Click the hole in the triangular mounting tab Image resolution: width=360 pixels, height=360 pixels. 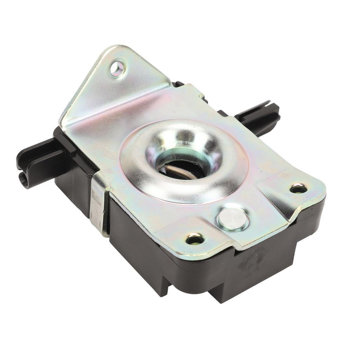coord(117,69)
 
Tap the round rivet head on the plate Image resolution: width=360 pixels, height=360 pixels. coord(232,219)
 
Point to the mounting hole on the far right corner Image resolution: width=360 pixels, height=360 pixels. coord(298,189)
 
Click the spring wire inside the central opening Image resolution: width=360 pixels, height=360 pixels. coord(179,172)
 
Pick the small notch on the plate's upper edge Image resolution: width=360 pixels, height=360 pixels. coord(201,96)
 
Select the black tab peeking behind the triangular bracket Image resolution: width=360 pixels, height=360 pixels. coord(178,84)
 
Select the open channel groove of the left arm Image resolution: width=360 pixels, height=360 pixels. coord(39,155)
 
